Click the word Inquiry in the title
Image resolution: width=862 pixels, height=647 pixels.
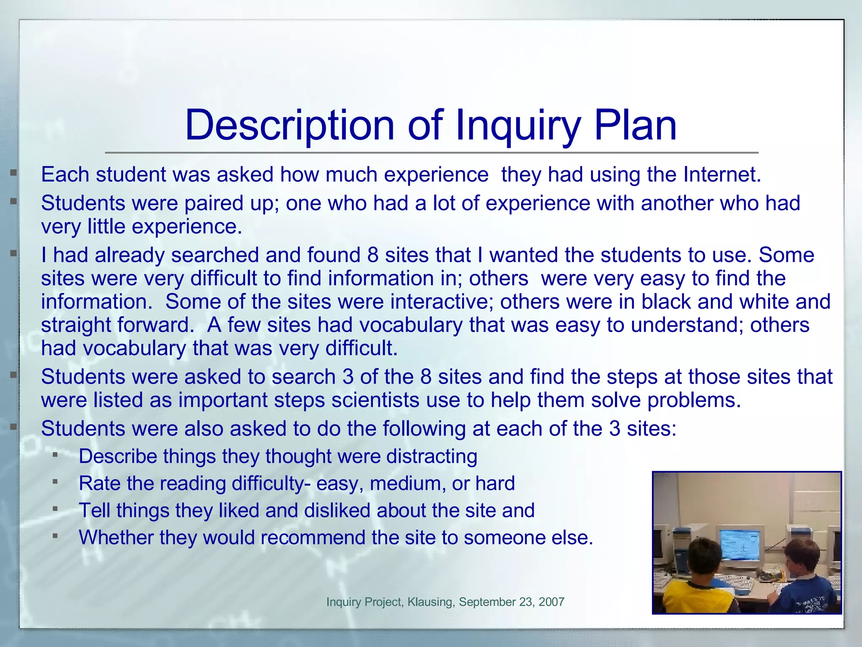(518, 125)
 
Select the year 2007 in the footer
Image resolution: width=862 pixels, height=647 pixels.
(551, 602)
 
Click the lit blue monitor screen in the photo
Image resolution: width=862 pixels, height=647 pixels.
(741, 543)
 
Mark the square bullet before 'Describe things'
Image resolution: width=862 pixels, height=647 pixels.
(55, 455)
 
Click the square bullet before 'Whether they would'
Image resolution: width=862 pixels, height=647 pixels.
(55, 536)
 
